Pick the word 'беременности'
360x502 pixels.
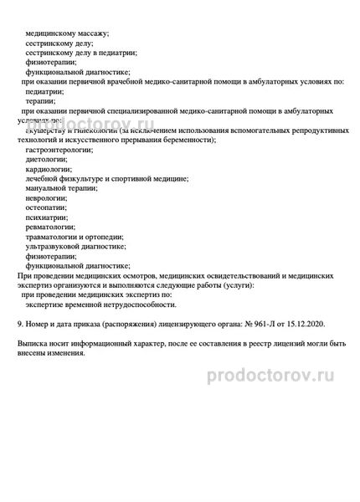(189, 140)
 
